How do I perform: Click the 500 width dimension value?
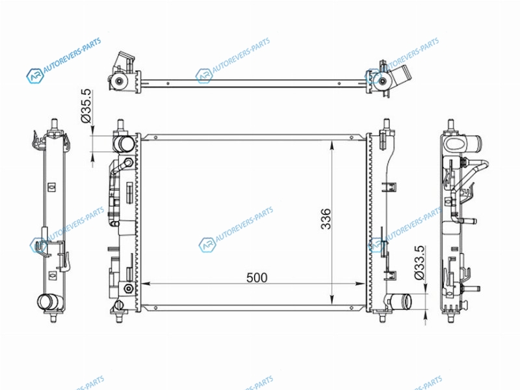(257, 278)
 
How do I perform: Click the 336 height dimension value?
(326, 219)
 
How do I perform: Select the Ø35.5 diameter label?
(86, 106)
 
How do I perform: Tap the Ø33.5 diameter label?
(419, 263)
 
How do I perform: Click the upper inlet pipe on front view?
(123, 144)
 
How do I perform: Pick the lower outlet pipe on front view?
(400, 302)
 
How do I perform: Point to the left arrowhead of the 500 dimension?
(146, 284)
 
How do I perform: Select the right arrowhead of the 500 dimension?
(361, 284)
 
